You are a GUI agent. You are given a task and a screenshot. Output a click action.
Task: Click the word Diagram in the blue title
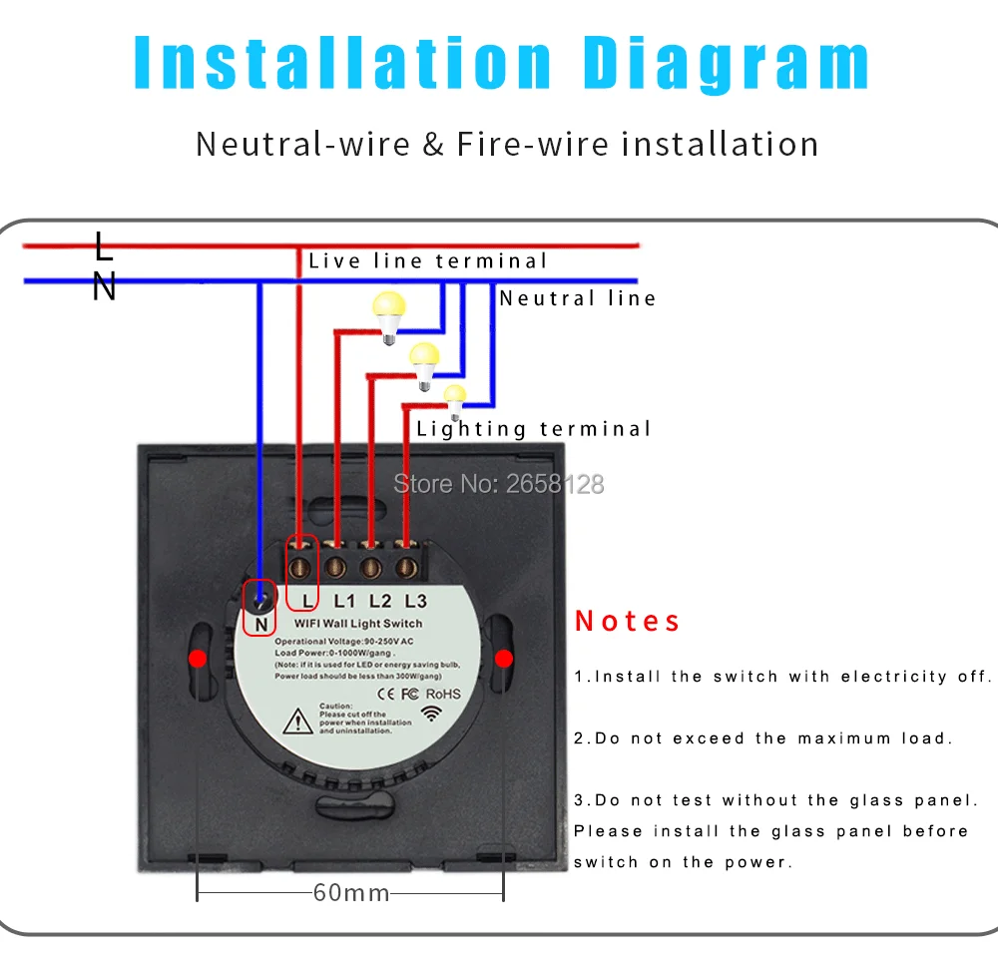727,64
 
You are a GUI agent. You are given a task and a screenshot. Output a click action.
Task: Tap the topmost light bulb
389,316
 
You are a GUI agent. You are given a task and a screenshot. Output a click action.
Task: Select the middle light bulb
424,365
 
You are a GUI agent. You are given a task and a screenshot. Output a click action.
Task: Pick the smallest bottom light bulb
455,401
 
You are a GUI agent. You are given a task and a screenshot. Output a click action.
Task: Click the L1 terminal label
344,601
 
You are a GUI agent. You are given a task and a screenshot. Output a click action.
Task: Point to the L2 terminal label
380,601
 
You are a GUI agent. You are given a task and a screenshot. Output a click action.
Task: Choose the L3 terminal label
415,601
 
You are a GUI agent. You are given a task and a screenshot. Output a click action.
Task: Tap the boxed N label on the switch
260,625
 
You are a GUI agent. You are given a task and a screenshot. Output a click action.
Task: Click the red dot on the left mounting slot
198,659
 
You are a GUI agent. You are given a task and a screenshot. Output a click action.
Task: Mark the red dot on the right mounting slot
503,659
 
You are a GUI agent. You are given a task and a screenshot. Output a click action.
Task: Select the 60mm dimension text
351,893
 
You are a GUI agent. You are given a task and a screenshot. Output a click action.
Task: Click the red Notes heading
628,622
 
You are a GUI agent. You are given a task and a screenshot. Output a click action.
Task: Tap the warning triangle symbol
297,722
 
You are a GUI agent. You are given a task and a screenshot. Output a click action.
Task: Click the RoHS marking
443,694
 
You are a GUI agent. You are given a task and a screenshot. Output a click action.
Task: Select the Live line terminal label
428,261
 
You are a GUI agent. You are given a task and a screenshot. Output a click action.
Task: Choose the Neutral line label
577,298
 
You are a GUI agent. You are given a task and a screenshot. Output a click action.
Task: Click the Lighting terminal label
533,429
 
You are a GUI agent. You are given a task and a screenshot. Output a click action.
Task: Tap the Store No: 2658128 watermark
498,484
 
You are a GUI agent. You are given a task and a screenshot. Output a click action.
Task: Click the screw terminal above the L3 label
407,567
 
